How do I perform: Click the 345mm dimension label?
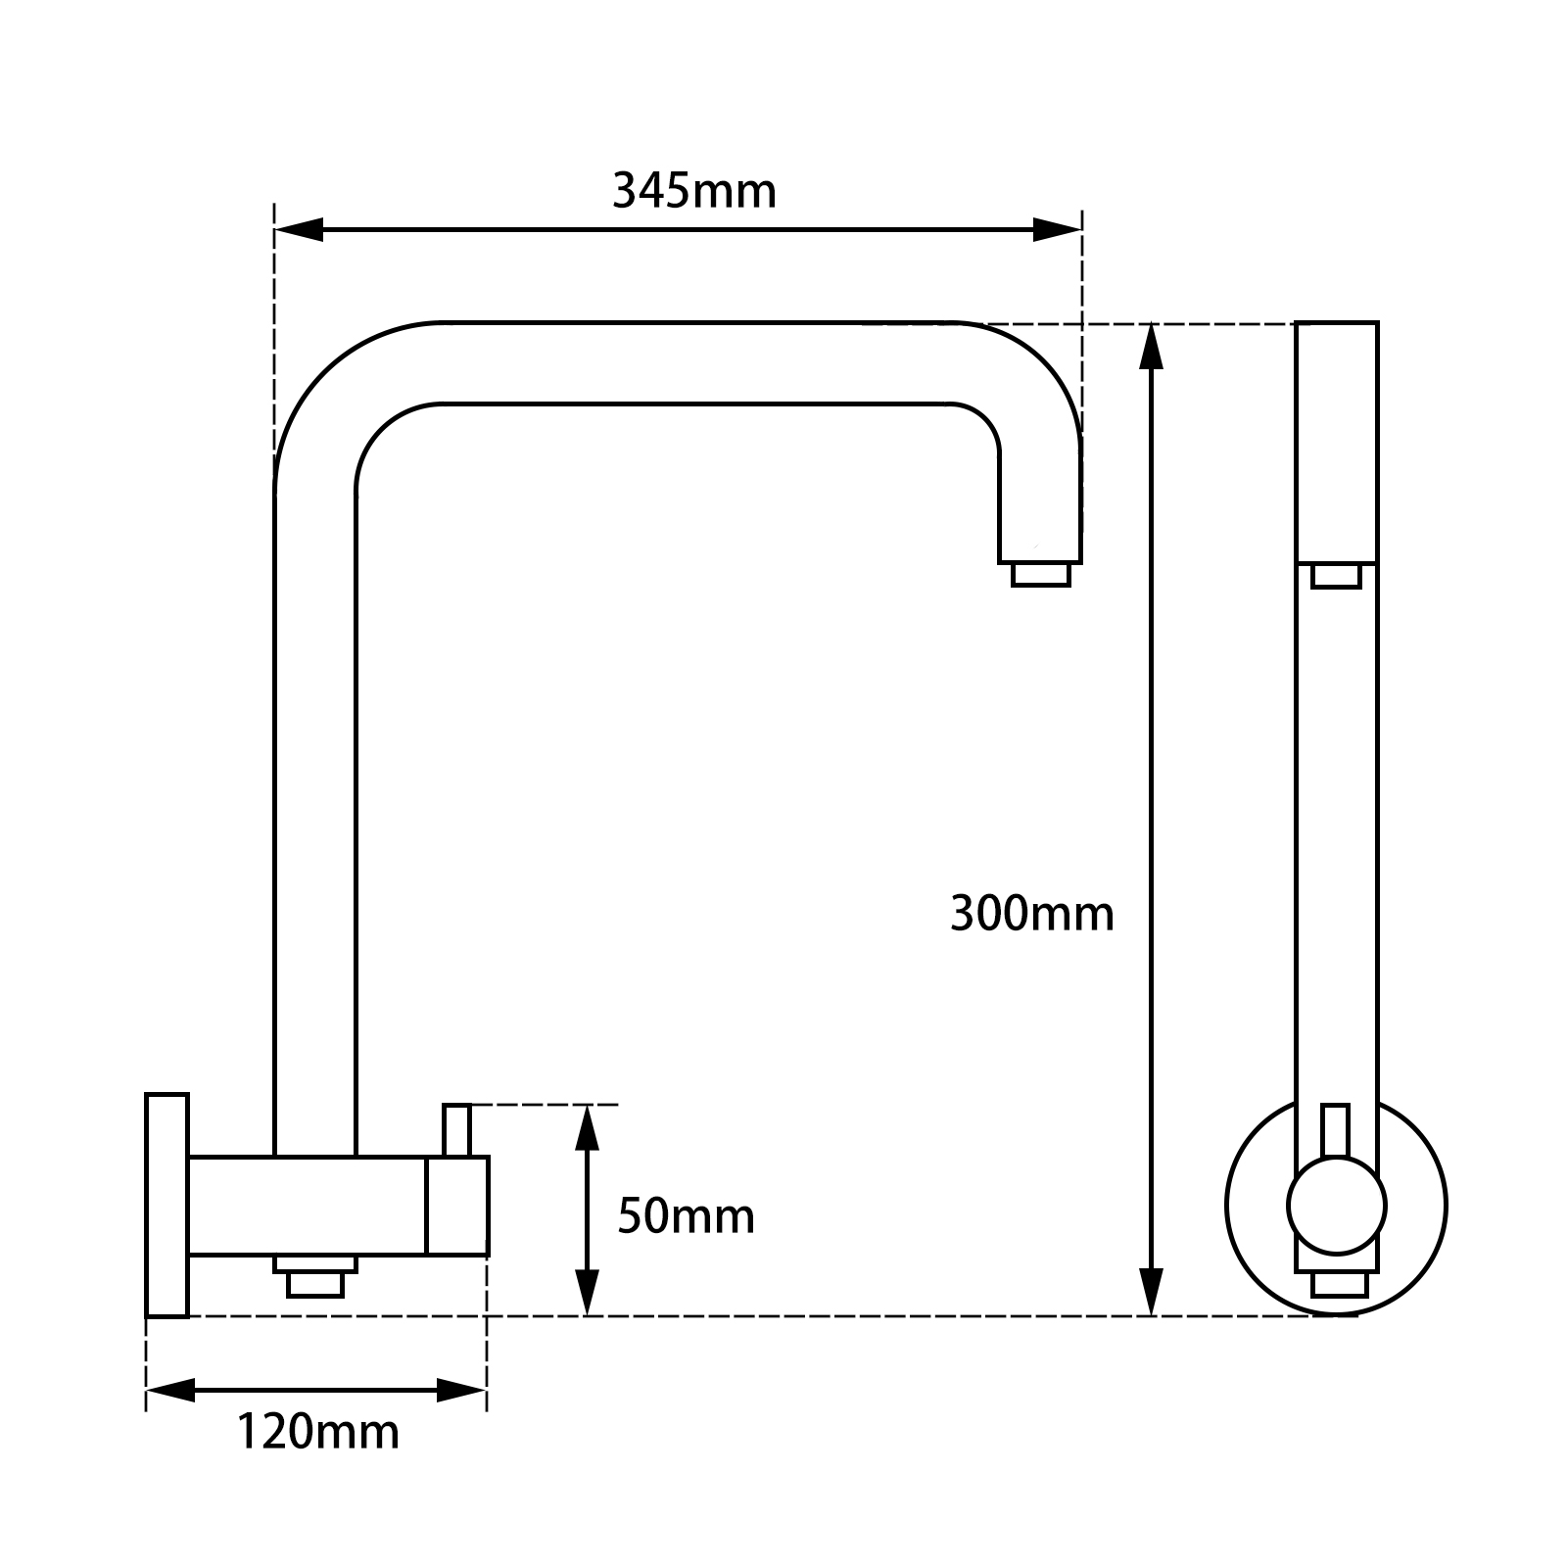tap(693, 190)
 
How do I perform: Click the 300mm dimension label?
tap(1031, 915)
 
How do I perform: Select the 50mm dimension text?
tap(686, 1217)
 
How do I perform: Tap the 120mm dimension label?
tap(317, 1431)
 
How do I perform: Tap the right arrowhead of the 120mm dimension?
tap(462, 1389)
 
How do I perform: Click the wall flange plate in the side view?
tap(166, 1205)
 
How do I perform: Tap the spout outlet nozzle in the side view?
tap(1040, 575)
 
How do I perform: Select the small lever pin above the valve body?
tap(456, 1129)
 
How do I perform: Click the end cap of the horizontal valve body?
tap(456, 1206)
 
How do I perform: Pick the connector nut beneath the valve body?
tap(315, 1277)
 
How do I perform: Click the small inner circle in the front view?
tap(1336, 1205)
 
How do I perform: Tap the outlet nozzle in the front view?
tap(1336, 576)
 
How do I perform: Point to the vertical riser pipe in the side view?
tap(314, 783)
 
